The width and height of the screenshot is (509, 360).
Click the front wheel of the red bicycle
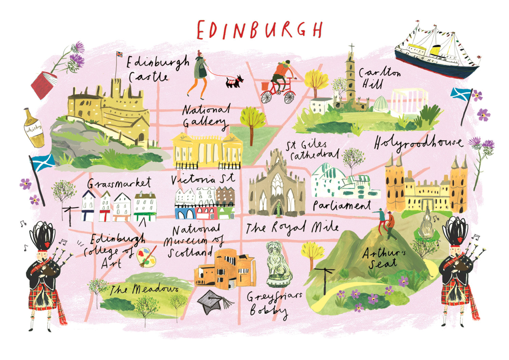coord(289,97)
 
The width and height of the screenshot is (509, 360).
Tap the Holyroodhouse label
coord(418,143)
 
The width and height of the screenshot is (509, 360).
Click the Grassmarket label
coord(119,184)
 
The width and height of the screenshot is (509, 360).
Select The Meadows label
coord(144,290)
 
